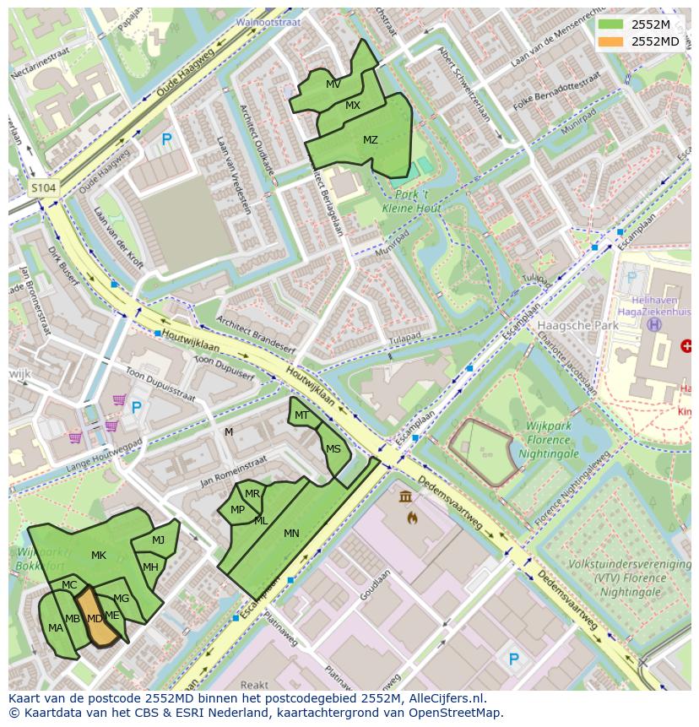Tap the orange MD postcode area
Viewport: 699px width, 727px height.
(95, 619)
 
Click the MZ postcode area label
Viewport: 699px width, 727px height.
(371, 140)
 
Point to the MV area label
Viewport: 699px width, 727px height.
(333, 84)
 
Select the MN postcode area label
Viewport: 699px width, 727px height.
(291, 533)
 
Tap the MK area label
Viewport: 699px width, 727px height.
(99, 555)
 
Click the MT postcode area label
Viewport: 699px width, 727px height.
(301, 415)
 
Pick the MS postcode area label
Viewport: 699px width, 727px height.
(333, 449)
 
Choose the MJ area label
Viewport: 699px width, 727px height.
(159, 540)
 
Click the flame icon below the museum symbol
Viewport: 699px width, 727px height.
(411, 517)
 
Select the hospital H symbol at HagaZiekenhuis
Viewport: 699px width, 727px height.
(653, 324)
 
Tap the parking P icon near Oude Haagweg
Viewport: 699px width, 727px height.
(166, 139)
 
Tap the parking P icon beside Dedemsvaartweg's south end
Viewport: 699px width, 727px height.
(512, 659)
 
